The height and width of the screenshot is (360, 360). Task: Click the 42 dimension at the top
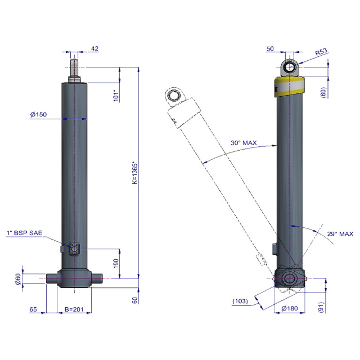(95, 49)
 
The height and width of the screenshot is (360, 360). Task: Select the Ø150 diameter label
(38, 114)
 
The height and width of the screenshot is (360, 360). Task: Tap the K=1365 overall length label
(135, 173)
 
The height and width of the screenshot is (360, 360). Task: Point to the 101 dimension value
(116, 96)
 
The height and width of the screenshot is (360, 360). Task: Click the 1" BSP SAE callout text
(25, 233)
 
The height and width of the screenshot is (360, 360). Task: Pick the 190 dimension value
(116, 263)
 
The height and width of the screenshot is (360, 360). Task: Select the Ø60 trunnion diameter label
(18, 279)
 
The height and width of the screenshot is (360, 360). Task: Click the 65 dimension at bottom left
(33, 309)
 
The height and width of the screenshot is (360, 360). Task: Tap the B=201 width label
(74, 309)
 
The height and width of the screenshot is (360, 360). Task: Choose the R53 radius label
(321, 52)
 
